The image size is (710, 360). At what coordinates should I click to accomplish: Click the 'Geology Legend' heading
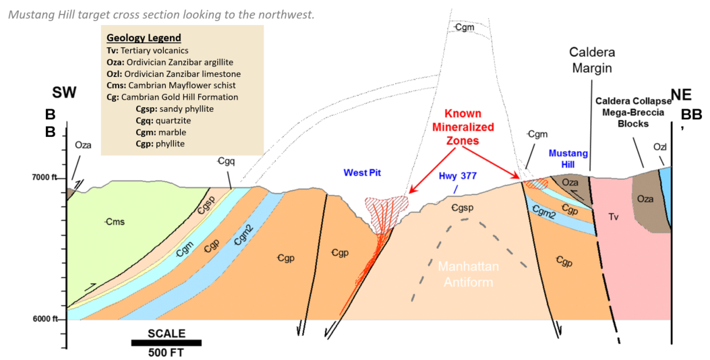pos(144,38)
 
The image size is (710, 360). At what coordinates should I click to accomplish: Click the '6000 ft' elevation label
pos(45,320)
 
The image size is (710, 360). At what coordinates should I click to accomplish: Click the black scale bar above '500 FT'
pos(166,342)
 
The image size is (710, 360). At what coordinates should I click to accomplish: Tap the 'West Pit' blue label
pos(362,173)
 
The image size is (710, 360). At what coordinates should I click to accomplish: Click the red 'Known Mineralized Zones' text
pos(463,127)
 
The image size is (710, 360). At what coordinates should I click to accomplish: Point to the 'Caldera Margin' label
pos(592,60)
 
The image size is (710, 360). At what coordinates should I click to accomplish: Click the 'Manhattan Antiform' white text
pos(468,274)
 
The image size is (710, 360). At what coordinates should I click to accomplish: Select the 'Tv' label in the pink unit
pos(613,217)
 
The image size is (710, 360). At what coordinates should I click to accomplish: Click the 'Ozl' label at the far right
pos(659,147)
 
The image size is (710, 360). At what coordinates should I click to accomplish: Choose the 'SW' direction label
pos(64,93)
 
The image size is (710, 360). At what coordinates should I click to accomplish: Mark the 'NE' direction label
pos(681,94)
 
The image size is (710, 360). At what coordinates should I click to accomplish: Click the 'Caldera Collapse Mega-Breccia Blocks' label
pos(633,113)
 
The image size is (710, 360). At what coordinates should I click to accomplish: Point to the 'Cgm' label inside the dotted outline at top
pos(465,28)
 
